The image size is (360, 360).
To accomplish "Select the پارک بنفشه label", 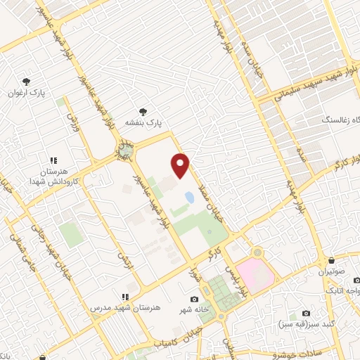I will (143, 122).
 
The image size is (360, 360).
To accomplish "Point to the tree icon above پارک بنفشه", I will (143, 111).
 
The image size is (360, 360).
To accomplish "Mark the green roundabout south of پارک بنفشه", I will (126, 150).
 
